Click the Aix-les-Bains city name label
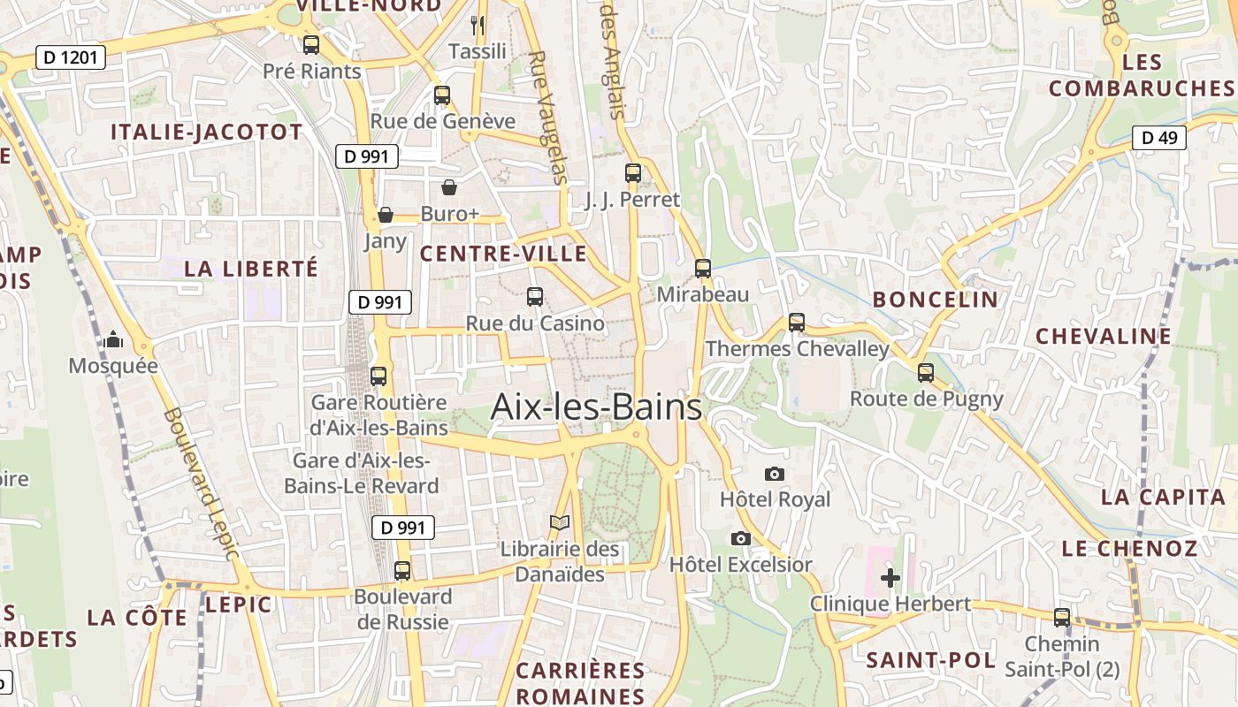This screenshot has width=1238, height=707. point(596,407)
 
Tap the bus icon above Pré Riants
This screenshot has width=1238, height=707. point(311,45)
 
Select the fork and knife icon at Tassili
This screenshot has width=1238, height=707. point(478,25)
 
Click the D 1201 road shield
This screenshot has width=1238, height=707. point(71,58)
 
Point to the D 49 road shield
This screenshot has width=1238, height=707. point(1158,137)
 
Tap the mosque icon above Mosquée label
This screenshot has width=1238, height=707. point(113,339)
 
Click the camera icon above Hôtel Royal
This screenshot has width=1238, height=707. point(775,474)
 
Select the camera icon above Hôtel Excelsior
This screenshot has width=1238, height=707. point(741,538)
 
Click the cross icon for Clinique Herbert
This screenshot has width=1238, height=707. point(890,578)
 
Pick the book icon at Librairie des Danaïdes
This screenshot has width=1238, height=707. point(560,523)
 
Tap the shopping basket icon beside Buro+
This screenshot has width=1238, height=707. point(449,187)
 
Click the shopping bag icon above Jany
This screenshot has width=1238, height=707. point(386,215)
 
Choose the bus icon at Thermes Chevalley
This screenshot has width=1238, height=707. point(797,323)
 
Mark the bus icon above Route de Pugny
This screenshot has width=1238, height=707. point(926,373)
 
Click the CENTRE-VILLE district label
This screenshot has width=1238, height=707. point(503,255)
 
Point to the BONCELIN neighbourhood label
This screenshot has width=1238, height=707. point(935,300)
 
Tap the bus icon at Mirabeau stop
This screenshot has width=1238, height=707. point(703,268)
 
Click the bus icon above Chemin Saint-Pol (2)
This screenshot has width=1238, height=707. point(1062,618)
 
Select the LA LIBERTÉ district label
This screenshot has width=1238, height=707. point(250,269)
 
